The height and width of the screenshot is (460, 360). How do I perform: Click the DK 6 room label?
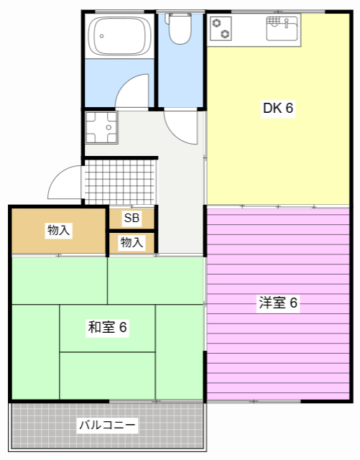tap(278, 109)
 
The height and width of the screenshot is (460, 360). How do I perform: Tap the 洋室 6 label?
tap(278, 303)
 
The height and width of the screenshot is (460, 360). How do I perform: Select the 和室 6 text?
tap(107, 328)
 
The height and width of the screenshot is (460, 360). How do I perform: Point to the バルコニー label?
tap(107, 425)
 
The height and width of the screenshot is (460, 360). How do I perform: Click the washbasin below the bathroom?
tap(101, 128)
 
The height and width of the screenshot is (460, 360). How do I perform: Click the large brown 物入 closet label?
tap(59, 230)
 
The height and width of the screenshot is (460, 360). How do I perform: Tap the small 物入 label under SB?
tap(131, 242)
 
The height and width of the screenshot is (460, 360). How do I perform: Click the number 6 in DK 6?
tap(290, 109)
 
